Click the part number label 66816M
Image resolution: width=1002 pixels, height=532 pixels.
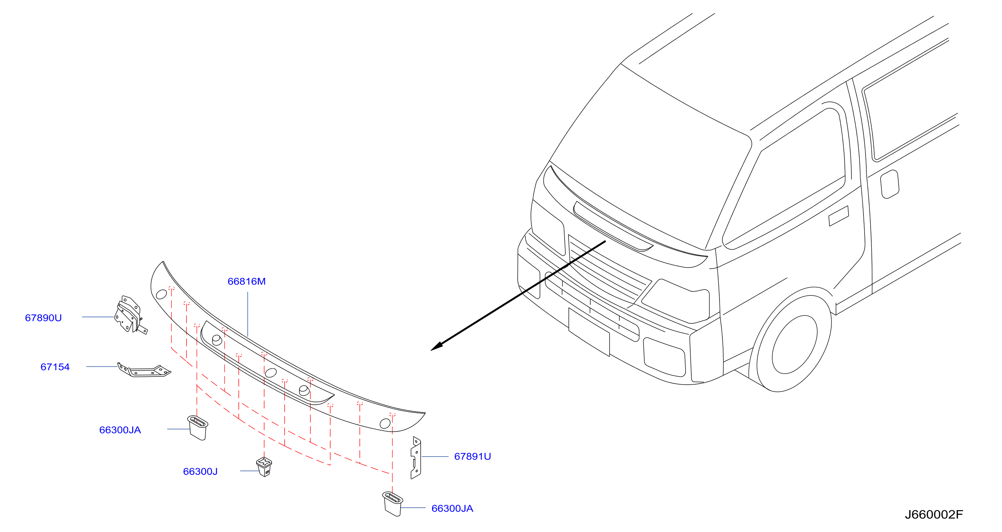click(x=246, y=281)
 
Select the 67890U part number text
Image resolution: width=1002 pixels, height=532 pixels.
click(x=43, y=318)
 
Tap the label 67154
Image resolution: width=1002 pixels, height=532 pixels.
click(x=55, y=367)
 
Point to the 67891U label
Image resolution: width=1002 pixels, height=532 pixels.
click(x=472, y=456)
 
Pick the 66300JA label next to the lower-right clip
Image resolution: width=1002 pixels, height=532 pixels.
click(x=452, y=509)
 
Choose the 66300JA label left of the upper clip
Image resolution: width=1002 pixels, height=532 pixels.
click(x=120, y=430)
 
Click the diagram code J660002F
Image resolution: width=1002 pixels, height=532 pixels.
click(x=934, y=515)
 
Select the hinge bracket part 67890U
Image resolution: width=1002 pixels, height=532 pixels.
click(x=130, y=315)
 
